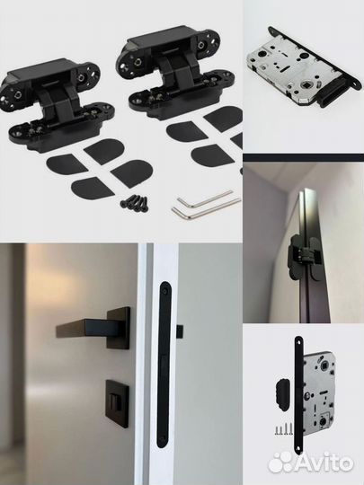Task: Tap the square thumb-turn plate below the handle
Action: coord(117,403)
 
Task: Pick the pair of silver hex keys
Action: coord(206,204)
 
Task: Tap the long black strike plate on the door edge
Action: coord(164,364)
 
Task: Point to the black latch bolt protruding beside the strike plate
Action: coord(180,331)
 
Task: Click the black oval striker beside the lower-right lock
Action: coord(280,393)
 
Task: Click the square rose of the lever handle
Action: coord(119,328)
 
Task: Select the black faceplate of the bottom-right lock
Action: coord(298,395)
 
